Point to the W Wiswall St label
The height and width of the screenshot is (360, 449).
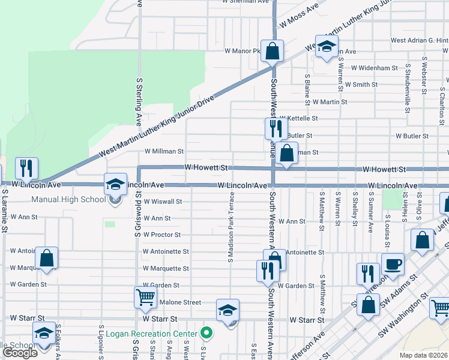162,202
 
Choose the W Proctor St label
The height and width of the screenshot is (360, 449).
162,235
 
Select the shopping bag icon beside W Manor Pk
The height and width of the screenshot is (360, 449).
272,52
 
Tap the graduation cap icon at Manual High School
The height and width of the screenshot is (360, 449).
115,185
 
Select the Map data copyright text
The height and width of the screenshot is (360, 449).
424,355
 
